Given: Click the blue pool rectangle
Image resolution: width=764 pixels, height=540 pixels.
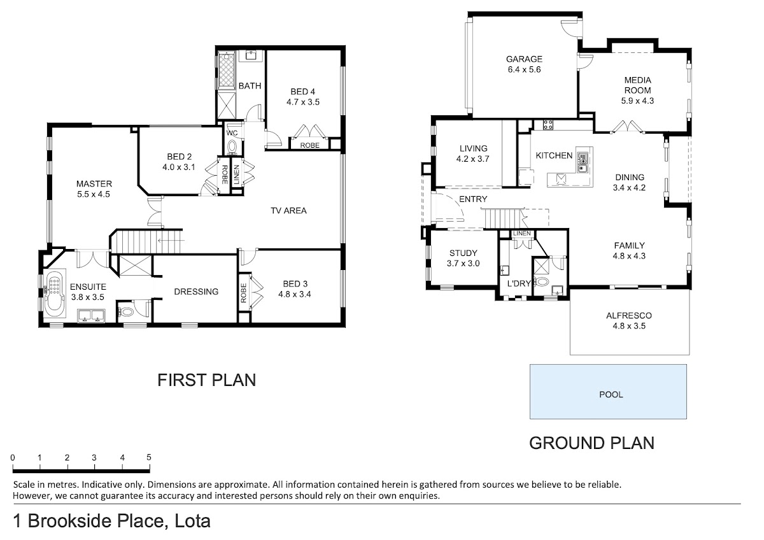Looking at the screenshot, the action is [608, 392].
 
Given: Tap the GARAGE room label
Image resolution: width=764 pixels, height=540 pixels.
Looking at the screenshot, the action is [524, 59].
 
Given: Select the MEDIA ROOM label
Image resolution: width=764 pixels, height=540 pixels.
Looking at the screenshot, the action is [637, 85].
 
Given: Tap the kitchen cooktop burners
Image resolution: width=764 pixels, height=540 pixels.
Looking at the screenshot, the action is [548, 125].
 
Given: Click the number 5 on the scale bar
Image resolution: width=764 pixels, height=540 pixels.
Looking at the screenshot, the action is [149, 457].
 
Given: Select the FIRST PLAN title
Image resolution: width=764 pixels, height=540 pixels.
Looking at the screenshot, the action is [206, 380].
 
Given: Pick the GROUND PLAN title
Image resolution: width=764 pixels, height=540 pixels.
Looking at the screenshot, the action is [591, 443].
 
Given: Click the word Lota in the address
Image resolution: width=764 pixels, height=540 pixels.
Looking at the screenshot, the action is [193, 521].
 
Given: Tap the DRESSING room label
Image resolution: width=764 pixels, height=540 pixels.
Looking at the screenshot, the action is [196, 292].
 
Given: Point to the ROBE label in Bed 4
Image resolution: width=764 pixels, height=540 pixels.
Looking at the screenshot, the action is [309, 146].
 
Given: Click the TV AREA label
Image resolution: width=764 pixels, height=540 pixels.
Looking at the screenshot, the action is [288, 211].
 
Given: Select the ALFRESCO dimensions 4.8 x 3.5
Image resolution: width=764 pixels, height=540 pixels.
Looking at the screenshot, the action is [629, 326].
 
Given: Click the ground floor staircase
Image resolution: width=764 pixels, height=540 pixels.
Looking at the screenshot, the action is [502, 218].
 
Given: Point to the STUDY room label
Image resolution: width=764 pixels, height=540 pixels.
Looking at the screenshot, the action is [463, 253].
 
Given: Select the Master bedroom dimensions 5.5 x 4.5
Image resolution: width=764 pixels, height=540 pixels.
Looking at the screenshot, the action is [94, 194].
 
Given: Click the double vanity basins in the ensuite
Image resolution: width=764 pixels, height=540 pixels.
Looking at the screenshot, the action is [92, 316].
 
